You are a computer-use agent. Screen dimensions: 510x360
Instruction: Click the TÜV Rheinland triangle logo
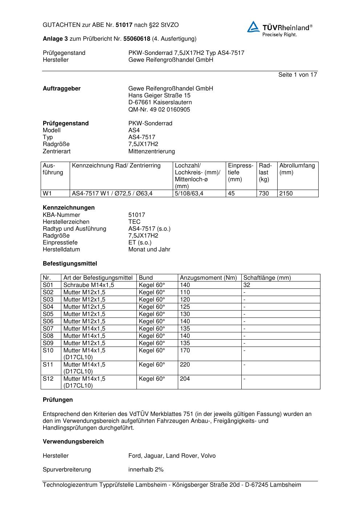(x=253, y=27)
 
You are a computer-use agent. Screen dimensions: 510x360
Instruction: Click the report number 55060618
(x=137, y=39)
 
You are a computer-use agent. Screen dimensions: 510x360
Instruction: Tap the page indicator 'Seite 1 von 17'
(x=298, y=74)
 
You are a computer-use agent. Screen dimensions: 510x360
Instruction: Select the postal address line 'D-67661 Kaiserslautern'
(x=160, y=102)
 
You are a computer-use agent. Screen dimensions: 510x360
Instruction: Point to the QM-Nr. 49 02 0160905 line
(x=159, y=109)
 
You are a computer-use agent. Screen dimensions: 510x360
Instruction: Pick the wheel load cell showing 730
(x=264, y=194)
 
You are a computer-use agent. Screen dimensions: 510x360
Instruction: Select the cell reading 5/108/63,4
(x=189, y=194)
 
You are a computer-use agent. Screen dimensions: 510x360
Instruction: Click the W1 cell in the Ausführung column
(x=47, y=194)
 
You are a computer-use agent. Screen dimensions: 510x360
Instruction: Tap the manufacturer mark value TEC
(x=134, y=222)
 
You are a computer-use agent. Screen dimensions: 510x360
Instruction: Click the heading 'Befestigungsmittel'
(x=70, y=263)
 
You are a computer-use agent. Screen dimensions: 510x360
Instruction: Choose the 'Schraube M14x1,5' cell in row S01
(x=89, y=285)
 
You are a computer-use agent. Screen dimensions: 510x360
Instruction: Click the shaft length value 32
(x=247, y=285)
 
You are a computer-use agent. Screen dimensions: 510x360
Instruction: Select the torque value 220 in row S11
(x=185, y=365)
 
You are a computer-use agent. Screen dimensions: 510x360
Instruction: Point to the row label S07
(x=48, y=329)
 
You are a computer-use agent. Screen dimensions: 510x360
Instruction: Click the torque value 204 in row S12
(x=185, y=379)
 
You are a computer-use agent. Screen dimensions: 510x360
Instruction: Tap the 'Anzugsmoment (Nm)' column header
(x=208, y=278)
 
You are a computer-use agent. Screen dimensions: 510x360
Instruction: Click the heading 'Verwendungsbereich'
(x=73, y=442)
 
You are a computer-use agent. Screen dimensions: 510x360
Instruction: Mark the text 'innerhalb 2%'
(x=146, y=470)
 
